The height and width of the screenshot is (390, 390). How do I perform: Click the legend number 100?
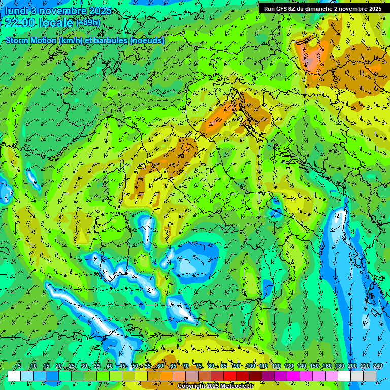coord(251,366)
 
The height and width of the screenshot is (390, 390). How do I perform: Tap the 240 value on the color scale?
coord(377,366)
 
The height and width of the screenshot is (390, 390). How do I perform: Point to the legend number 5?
coord(19,366)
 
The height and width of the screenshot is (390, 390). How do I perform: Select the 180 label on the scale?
coord(339,366)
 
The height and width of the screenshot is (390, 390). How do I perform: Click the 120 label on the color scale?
coord(276,366)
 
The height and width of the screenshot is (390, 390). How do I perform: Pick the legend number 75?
coord(199,366)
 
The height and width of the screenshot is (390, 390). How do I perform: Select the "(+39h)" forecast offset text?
coord(88,23)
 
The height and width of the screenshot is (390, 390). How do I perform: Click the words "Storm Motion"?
coord(30,40)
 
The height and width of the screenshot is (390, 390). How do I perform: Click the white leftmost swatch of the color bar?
coord(14,376)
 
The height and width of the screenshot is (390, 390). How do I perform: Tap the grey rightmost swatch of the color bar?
coord(370,376)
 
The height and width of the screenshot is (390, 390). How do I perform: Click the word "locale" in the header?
coord(56,23)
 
